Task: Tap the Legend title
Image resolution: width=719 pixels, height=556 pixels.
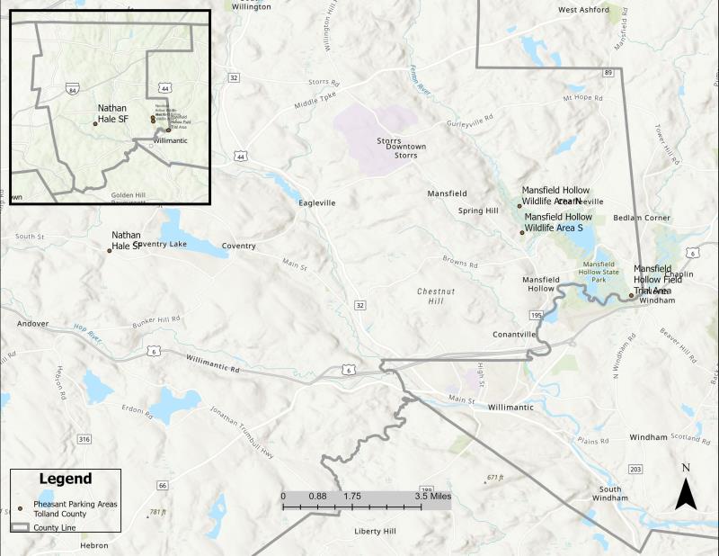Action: click(66, 479)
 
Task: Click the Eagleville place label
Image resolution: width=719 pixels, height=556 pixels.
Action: click(317, 203)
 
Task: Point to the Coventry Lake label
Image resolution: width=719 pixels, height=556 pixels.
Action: click(163, 244)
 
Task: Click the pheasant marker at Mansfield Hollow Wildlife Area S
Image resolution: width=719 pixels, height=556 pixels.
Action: click(521, 233)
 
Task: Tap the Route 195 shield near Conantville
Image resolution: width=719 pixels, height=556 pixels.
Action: click(537, 315)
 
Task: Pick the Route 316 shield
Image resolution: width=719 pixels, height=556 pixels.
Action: click(84, 439)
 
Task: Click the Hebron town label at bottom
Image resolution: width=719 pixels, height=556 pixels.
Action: click(93, 546)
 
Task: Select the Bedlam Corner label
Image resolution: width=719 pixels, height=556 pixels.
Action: click(642, 218)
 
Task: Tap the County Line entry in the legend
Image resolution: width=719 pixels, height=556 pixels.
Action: click(54, 527)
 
